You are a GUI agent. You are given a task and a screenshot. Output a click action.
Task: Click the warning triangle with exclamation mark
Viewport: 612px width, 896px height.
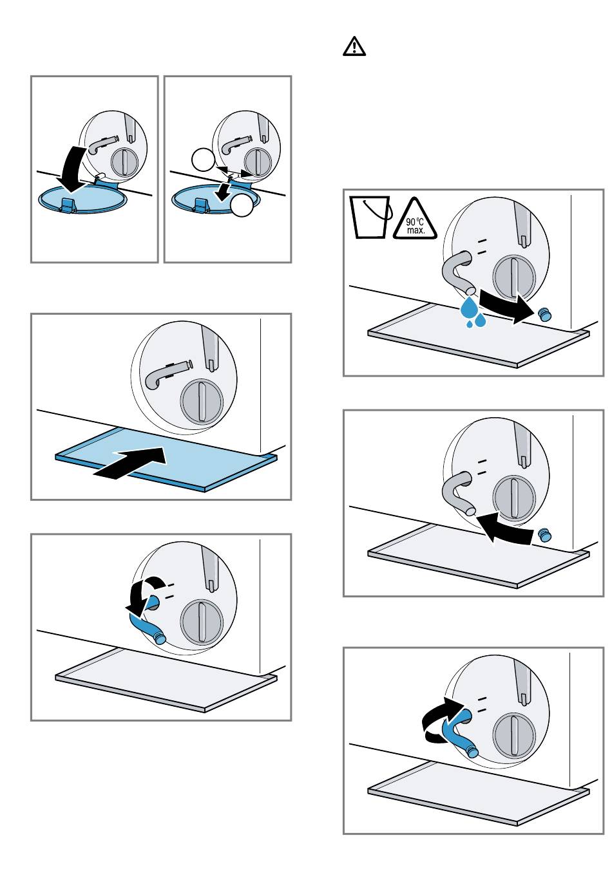coord(354,46)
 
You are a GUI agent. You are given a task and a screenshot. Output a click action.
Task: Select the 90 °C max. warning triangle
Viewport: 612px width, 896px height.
coord(415,219)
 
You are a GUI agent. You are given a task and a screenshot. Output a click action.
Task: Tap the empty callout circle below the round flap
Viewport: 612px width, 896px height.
coord(242,205)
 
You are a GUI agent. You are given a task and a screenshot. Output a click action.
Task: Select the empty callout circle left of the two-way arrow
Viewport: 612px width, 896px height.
coord(204,160)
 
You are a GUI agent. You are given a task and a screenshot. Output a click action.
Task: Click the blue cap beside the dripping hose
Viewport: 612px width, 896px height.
coord(545,314)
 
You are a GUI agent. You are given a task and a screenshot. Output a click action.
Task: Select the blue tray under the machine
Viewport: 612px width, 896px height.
coord(166,459)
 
